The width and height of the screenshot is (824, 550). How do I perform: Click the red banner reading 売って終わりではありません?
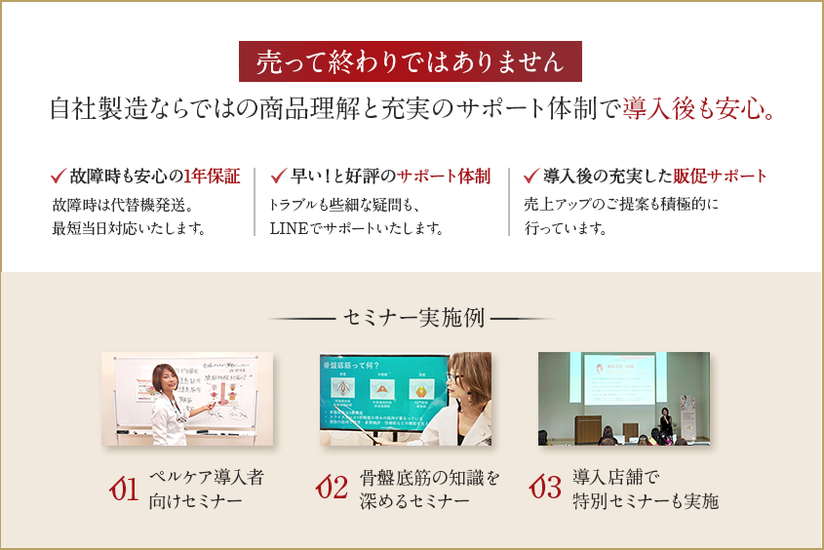(411, 61)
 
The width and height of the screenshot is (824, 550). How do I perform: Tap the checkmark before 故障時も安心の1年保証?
(58, 176)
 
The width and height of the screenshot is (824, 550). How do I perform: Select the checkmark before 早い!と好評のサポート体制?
(276, 176)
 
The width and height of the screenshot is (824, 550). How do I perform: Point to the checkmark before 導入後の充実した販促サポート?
(530, 176)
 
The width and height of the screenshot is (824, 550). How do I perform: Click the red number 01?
(123, 489)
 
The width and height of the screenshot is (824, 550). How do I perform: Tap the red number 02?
(333, 489)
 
